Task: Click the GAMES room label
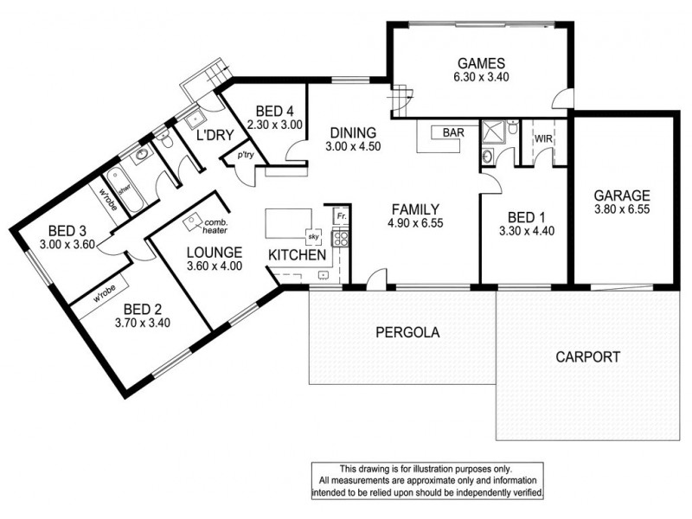click(x=474, y=63)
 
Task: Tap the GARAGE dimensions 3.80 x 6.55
click(x=622, y=209)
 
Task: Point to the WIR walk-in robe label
click(x=543, y=138)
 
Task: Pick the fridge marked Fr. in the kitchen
click(x=341, y=214)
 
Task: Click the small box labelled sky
click(x=313, y=235)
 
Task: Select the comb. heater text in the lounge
click(x=214, y=227)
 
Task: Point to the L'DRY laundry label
click(x=210, y=137)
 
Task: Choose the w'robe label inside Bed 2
click(x=103, y=290)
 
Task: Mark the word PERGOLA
click(x=407, y=332)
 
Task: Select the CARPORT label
click(x=587, y=356)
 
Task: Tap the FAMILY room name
click(x=416, y=208)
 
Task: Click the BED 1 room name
click(x=523, y=216)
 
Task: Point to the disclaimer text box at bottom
click(x=428, y=480)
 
